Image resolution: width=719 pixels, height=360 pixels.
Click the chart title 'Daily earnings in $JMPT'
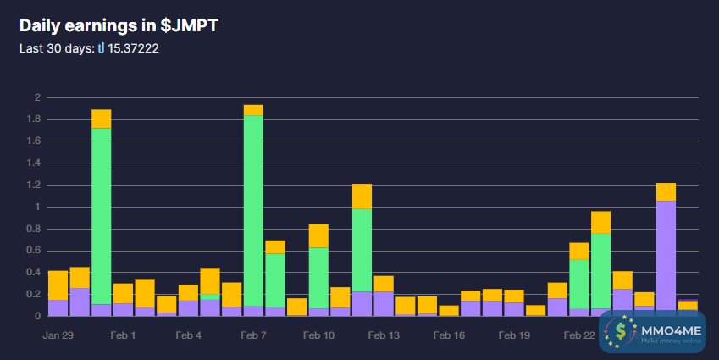(x=119, y=25)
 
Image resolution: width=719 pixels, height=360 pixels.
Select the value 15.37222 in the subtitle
(x=134, y=48)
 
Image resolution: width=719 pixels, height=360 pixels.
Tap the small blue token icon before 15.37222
(x=102, y=48)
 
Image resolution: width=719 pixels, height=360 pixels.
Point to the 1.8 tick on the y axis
(x=35, y=119)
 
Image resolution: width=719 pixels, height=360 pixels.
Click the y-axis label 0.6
(x=35, y=251)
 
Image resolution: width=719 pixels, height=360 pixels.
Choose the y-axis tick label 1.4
(x=35, y=163)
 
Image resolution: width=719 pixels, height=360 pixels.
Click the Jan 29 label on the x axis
(x=58, y=335)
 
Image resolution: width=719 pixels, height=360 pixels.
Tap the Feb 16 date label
(x=449, y=335)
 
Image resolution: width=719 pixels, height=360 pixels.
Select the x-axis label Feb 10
(x=318, y=335)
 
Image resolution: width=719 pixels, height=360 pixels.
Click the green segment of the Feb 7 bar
(x=253, y=211)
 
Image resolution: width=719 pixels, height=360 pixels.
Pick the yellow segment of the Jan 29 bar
(x=58, y=285)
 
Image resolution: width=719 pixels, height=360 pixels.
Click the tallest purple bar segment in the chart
(x=666, y=258)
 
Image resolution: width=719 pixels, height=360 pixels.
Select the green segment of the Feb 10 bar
(x=318, y=278)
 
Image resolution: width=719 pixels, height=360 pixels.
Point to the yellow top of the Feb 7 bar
(x=253, y=110)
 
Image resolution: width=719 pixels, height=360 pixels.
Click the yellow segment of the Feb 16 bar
(x=449, y=311)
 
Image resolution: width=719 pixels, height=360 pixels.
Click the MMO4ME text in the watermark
(x=672, y=330)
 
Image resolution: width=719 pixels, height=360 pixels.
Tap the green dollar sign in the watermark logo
(x=621, y=331)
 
